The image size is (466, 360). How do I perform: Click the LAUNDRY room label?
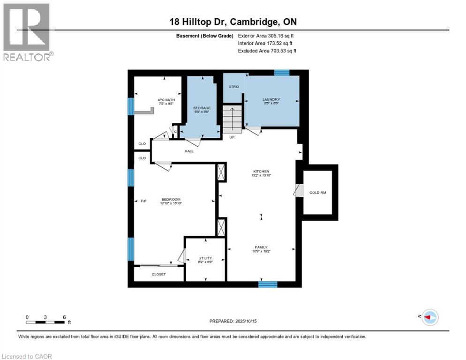pyautogui.click(x=271, y=99)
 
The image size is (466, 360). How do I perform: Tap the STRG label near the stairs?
pyautogui.click(x=233, y=87)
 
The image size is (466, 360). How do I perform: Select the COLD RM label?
pyautogui.click(x=317, y=193)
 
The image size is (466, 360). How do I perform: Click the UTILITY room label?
pyautogui.click(x=205, y=258)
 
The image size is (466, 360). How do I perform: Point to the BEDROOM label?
pyautogui.click(x=171, y=199)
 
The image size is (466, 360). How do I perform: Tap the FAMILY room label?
pyautogui.click(x=261, y=247)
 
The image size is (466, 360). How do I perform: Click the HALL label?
pyautogui.click(x=189, y=151)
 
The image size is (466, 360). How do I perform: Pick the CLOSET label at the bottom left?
pyautogui.click(x=158, y=274)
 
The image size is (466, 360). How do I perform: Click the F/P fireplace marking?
pyautogui.click(x=144, y=201)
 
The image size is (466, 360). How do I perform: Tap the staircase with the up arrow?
pyautogui.click(x=233, y=119)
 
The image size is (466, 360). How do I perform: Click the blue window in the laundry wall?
pyautogui.click(x=281, y=72)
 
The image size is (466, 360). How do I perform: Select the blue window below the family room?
pyautogui.click(x=268, y=284)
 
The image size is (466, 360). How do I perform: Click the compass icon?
pyautogui.click(x=429, y=317)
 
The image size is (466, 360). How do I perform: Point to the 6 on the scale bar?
pyautogui.click(x=64, y=317)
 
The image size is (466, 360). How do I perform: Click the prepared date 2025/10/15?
pyautogui.click(x=249, y=321)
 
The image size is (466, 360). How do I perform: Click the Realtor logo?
pyautogui.click(x=28, y=32)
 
